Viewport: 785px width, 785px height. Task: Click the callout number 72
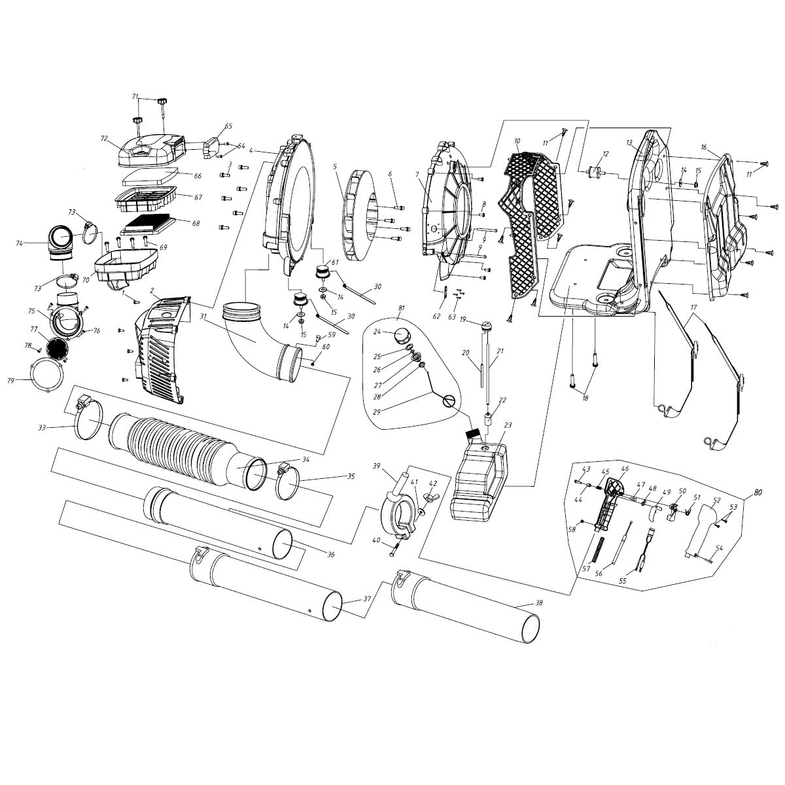click(x=104, y=139)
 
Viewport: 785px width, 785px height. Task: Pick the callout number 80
click(x=758, y=493)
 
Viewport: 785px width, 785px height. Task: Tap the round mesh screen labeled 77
click(x=57, y=347)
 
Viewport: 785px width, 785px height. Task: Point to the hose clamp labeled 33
click(x=88, y=419)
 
